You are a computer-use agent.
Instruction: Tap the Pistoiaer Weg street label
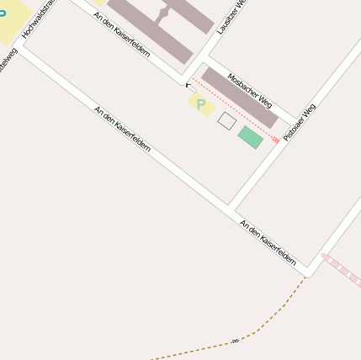(300, 122)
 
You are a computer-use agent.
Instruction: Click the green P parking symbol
(201, 104)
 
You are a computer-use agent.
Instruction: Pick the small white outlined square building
(226, 121)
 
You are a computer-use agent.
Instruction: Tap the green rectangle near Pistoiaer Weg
(250, 137)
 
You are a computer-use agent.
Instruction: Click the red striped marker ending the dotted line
(275, 140)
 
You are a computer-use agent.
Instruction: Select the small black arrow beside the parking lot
(189, 86)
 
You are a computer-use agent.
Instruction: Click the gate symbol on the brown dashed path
(235, 341)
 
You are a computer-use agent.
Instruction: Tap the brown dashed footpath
(278, 312)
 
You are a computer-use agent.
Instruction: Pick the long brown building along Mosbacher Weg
(240, 98)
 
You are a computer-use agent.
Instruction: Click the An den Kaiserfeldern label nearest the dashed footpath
(268, 242)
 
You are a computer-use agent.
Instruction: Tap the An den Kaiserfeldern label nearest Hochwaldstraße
(123, 128)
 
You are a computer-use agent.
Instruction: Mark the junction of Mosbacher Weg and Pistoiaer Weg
(295, 120)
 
